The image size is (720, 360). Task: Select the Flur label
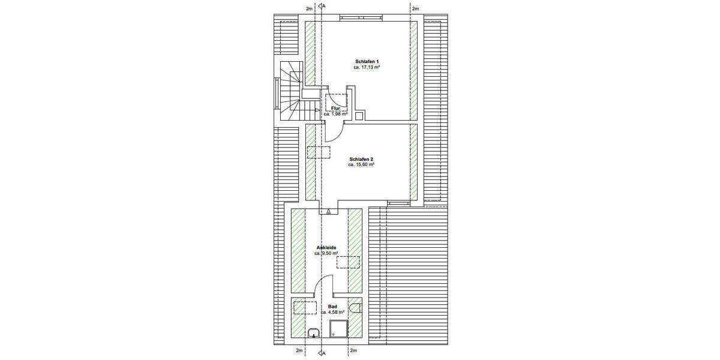click(x=335, y=108)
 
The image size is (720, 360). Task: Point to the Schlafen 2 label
click(x=361, y=159)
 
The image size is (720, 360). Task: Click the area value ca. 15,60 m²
click(x=361, y=165)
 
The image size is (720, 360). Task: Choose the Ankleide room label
click(x=326, y=247)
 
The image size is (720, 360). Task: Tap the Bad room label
click(x=332, y=306)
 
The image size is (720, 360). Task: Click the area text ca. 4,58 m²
click(x=332, y=312)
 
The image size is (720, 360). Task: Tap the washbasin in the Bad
click(x=313, y=333)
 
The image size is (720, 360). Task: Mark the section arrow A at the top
click(x=322, y=7)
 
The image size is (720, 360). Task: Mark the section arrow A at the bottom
click(x=322, y=353)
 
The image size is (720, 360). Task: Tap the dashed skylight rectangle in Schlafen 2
click(x=319, y=152)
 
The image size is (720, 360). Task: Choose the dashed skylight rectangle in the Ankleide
click(x=348, y=262)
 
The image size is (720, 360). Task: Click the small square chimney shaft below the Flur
click(x=359, y=116)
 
